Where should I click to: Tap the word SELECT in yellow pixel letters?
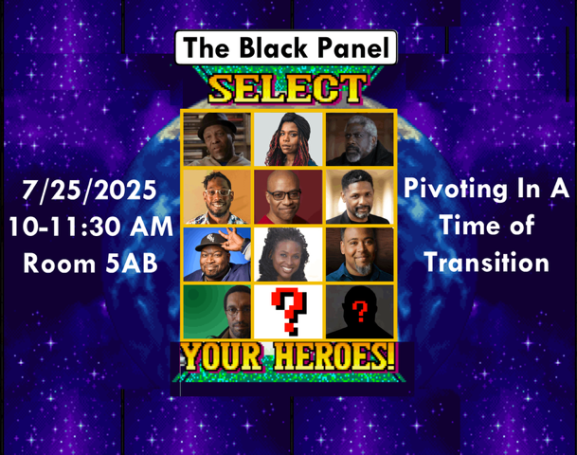coord(288,89)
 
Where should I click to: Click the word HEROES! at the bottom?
coord(334,356)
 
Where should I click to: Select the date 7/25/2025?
coord(89,191)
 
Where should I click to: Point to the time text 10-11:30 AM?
coord(91,227)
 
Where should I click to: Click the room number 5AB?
coord(132,264)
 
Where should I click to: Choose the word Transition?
coord(486,263)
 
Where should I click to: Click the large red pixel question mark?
coord(289,312)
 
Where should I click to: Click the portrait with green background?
coord(217,312)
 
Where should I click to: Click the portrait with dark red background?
coord(288,196)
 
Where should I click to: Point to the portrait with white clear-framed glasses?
coord(217,196)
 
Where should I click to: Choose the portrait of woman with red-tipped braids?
coord(288,139)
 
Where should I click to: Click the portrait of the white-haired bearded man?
coord(359,139)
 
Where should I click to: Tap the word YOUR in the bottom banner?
coord(223,356)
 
